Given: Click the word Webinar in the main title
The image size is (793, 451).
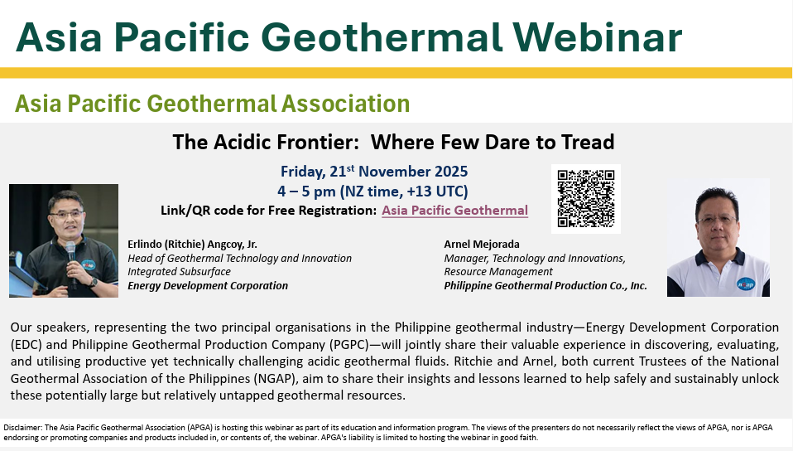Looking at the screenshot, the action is coord(598,37).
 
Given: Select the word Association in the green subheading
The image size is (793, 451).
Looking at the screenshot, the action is coord(345,104).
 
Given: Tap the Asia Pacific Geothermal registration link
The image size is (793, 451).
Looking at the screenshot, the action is coord(454,211).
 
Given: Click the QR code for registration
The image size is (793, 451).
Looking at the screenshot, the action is coord(586,199).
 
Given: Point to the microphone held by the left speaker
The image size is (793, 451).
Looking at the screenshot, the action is coord(71,261).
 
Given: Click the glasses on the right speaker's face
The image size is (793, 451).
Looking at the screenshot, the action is coord(716,220).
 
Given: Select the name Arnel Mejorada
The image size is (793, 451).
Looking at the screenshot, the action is coord(482,245).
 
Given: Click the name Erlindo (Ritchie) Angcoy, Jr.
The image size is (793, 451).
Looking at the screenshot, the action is coord(192,245).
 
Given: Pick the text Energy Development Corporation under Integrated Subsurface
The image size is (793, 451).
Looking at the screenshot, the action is coord(207,286).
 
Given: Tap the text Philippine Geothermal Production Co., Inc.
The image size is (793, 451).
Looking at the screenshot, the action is coord(545,286).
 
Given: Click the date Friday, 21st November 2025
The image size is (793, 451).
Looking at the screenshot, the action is coord(374,172).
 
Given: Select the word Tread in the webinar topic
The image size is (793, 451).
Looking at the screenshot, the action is coord(588,142).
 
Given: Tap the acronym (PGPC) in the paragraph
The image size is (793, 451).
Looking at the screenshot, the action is coord(350,345).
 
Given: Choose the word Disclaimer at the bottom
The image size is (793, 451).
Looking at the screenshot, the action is coord(22,428).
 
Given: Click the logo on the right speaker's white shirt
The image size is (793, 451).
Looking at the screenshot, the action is coord(746,284).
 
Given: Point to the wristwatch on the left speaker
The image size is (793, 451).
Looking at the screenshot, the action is coord(94,282).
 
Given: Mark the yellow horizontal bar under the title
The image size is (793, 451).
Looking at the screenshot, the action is coord(396,72).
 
